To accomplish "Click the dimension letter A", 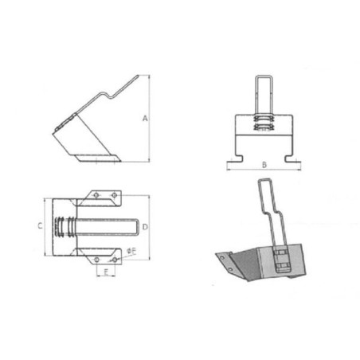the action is click(x=145, y=118).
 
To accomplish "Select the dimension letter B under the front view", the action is click(x=264, y=165).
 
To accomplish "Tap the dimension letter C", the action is click(x=40, y=226).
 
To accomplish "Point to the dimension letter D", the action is click(x=145, y=227).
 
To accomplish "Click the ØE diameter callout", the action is click(x=131, y=251).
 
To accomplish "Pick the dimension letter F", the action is click(x=106, y=272).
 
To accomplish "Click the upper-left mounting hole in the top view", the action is click(x=96, y=195).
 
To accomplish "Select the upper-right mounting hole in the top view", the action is click(x=115, y=195).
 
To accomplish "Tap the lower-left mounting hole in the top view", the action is click(x=97, y=260).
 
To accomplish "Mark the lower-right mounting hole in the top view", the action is click(x=115, y=260).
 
